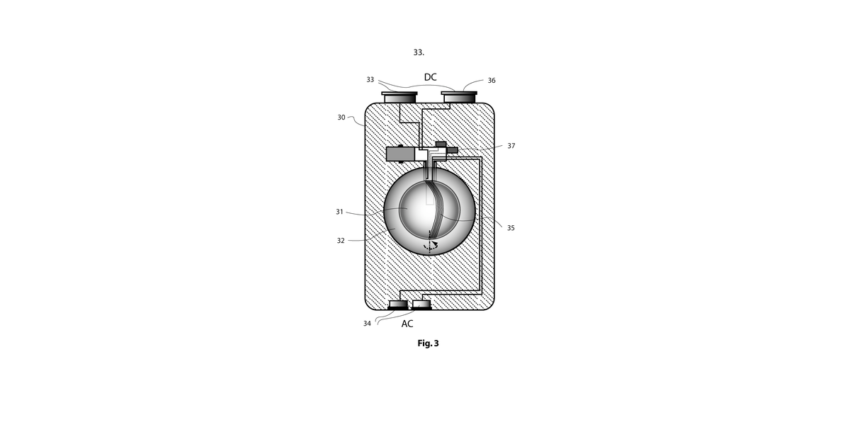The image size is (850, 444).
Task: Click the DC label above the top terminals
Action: point(431,77)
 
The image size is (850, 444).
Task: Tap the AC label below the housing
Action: point(407,324)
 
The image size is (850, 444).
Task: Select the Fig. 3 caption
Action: point(428,343)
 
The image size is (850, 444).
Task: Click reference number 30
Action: point(341,118)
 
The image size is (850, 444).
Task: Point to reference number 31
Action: point(339,212)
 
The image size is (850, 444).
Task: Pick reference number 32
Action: point(341,241)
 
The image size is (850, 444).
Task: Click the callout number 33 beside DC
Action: point(370,80)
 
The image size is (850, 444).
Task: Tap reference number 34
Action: point(367,324)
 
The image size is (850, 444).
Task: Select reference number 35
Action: point(511,228)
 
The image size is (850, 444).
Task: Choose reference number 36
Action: point(492,81)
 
